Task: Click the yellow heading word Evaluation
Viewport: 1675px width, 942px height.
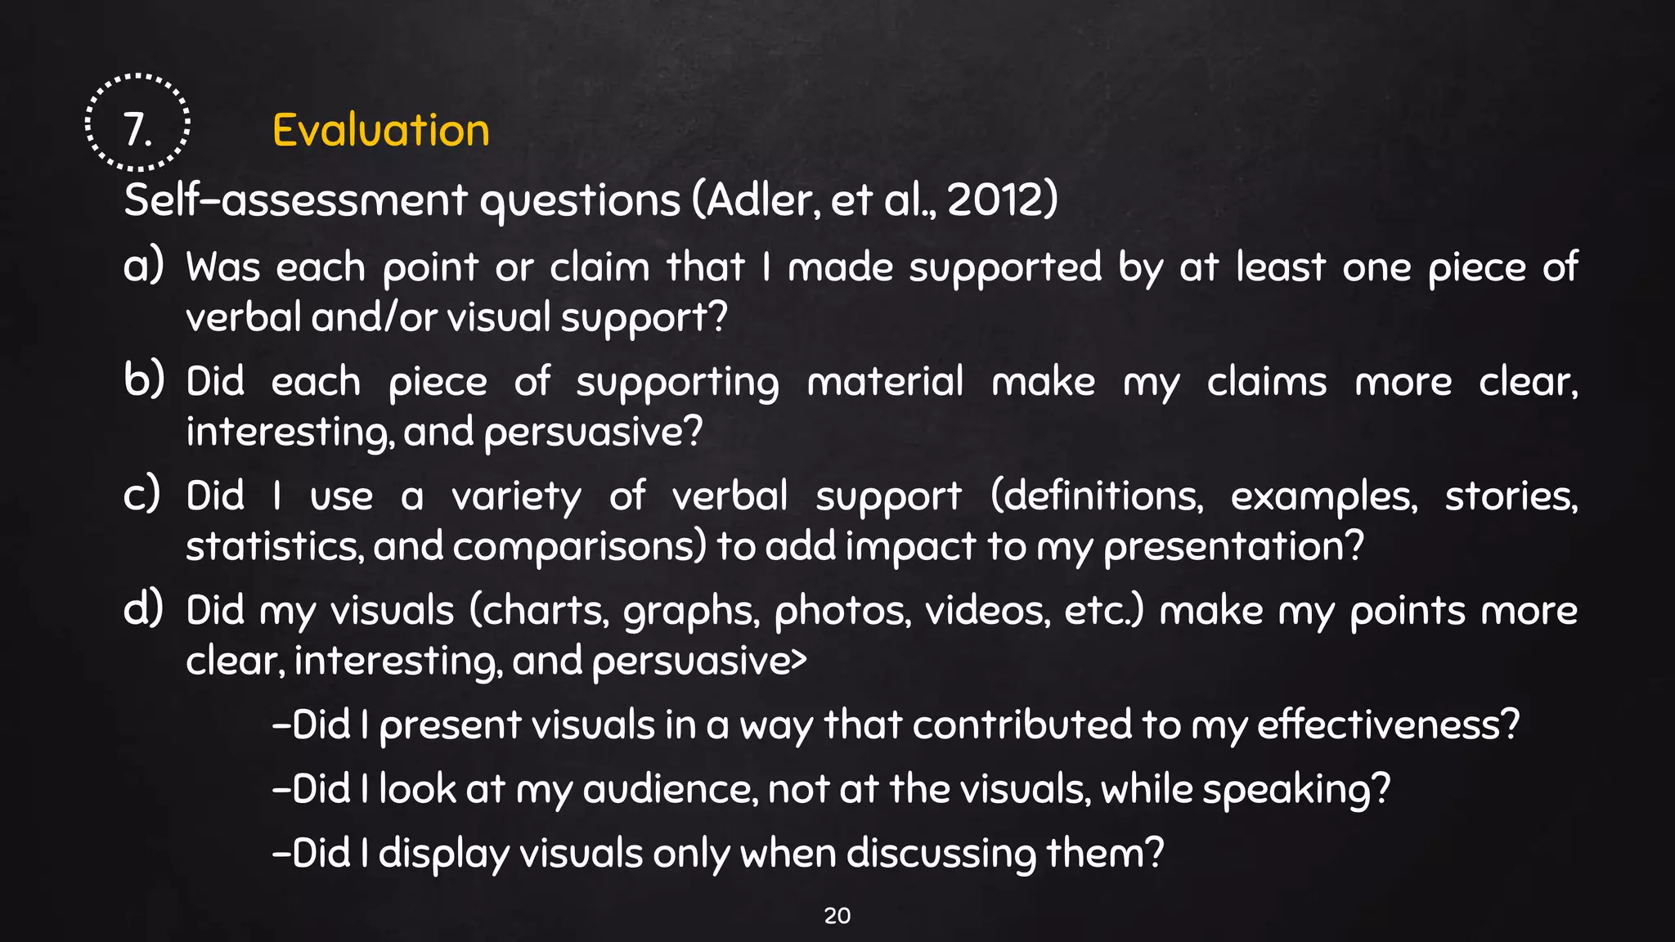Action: [380, 130]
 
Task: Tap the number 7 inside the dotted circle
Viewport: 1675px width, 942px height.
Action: [137, 130]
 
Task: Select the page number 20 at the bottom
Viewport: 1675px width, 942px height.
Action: [837, 916]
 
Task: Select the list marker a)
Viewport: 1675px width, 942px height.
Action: [143, 266]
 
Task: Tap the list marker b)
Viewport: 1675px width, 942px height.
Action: [143, 380]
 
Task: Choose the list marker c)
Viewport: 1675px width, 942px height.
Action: [141, 495]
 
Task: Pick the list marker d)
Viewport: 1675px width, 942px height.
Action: [143, 609]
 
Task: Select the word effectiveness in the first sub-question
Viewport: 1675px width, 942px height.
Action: [1387, 724]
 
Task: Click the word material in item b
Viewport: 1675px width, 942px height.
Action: [885, 382]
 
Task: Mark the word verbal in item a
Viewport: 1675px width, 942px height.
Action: [243, 316]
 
